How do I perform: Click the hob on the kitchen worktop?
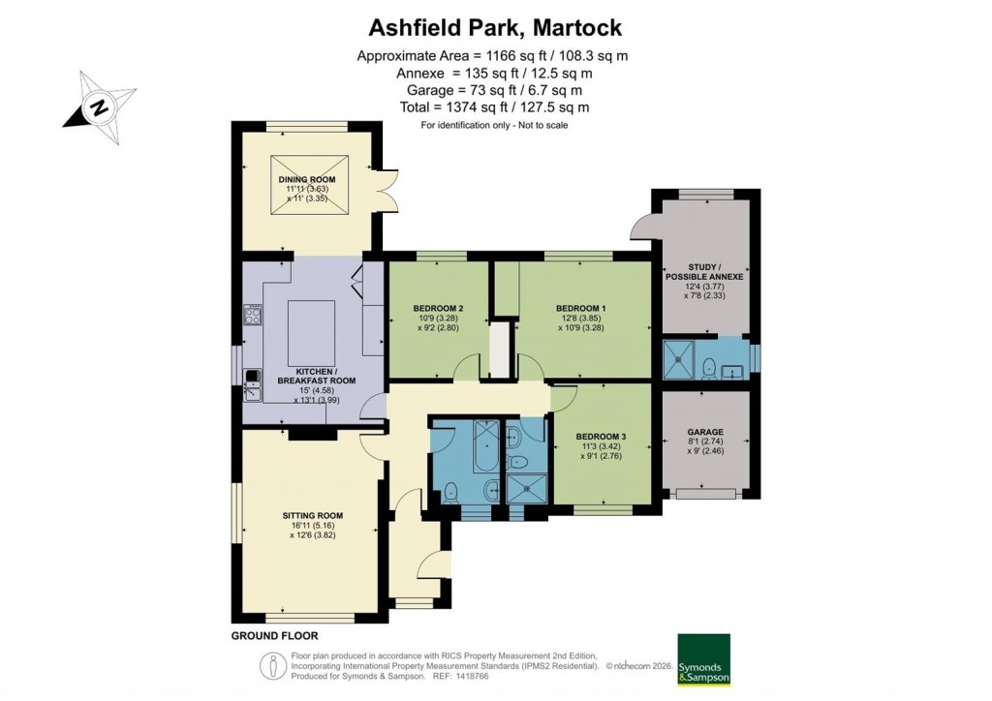pos(254,314)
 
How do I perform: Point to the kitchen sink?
pos(253,384)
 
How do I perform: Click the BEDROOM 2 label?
pos(435,309)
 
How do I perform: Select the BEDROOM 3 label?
pos(601,437)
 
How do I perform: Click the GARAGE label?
pos(706,432)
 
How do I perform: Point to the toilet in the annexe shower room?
pos(709,366)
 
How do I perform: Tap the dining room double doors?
pos(387,182)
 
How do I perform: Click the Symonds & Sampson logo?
pos(702,659)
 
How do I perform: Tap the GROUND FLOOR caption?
pos(274,636)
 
